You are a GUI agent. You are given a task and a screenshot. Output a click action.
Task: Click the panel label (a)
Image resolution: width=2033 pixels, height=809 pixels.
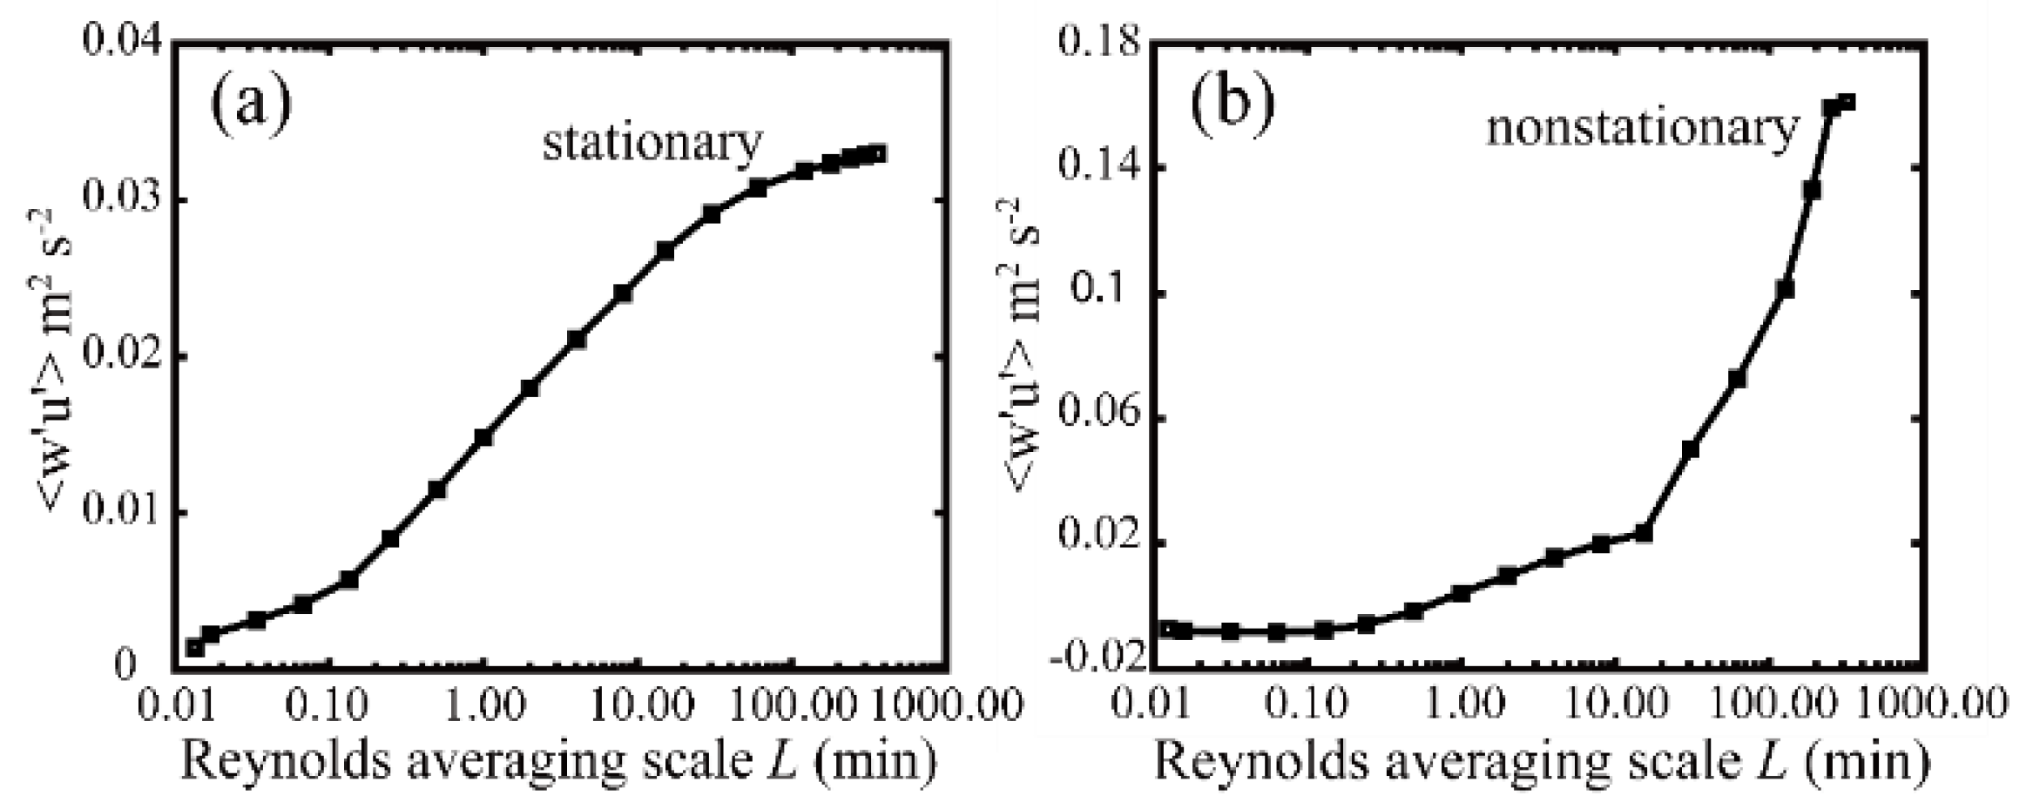251,103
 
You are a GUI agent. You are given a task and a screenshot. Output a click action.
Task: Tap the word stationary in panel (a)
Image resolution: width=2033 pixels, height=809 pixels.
652,144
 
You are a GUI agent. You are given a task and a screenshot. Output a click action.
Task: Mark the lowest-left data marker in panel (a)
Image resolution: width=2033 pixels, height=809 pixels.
195,647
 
